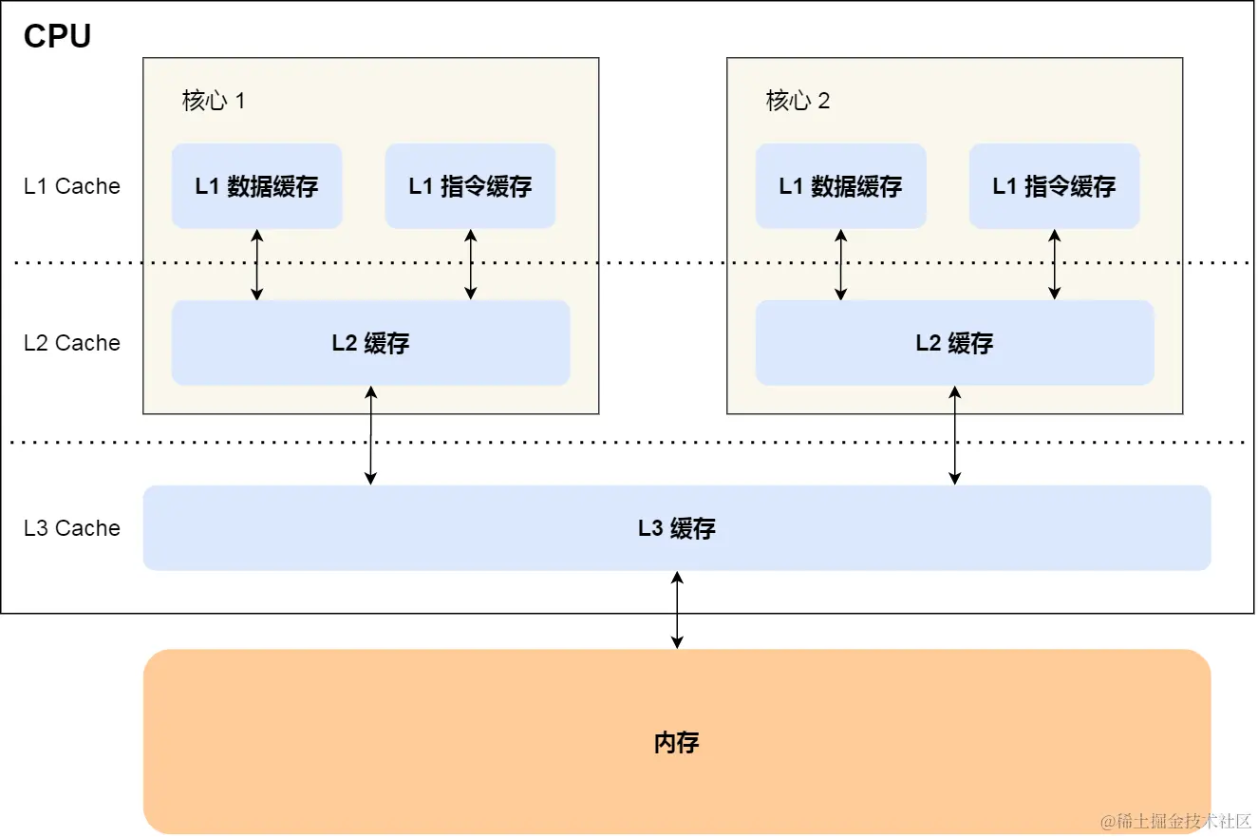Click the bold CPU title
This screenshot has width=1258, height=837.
[x=57, y=36]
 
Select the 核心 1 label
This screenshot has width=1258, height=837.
[x=214, y=101]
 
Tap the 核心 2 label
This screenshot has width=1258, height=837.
[x=798, y=101]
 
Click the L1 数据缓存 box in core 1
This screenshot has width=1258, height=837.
[x=256, y=186]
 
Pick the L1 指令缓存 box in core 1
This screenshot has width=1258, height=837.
[x=470, y=186]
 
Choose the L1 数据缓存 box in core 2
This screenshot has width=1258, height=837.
[x=840, y=186]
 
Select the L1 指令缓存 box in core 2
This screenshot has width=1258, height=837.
[x=1054, y=186]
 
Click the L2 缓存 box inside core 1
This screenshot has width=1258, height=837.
[x=370, y=343]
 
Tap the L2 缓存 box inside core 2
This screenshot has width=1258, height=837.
[x=954, y=343]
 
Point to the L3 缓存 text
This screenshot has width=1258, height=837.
[x=676, y=528]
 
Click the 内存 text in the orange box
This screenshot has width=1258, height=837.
[x=676, y=742]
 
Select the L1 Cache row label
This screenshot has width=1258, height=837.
[x=72, y=186]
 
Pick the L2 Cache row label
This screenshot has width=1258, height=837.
[x=72, y=343]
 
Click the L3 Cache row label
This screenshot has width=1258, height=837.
[x=72, y=528]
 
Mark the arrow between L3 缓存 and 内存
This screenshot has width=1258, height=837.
[x=676, y=610]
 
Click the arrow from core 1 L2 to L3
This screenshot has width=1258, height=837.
[x=370, y=435]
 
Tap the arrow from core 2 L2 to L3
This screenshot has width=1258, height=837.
[x=954, y=435]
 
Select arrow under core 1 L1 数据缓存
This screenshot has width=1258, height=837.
[x=256, y=264]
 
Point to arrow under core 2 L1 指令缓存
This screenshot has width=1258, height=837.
[x=1054, y=264]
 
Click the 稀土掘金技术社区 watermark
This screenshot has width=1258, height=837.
[x=1176, y=820]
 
